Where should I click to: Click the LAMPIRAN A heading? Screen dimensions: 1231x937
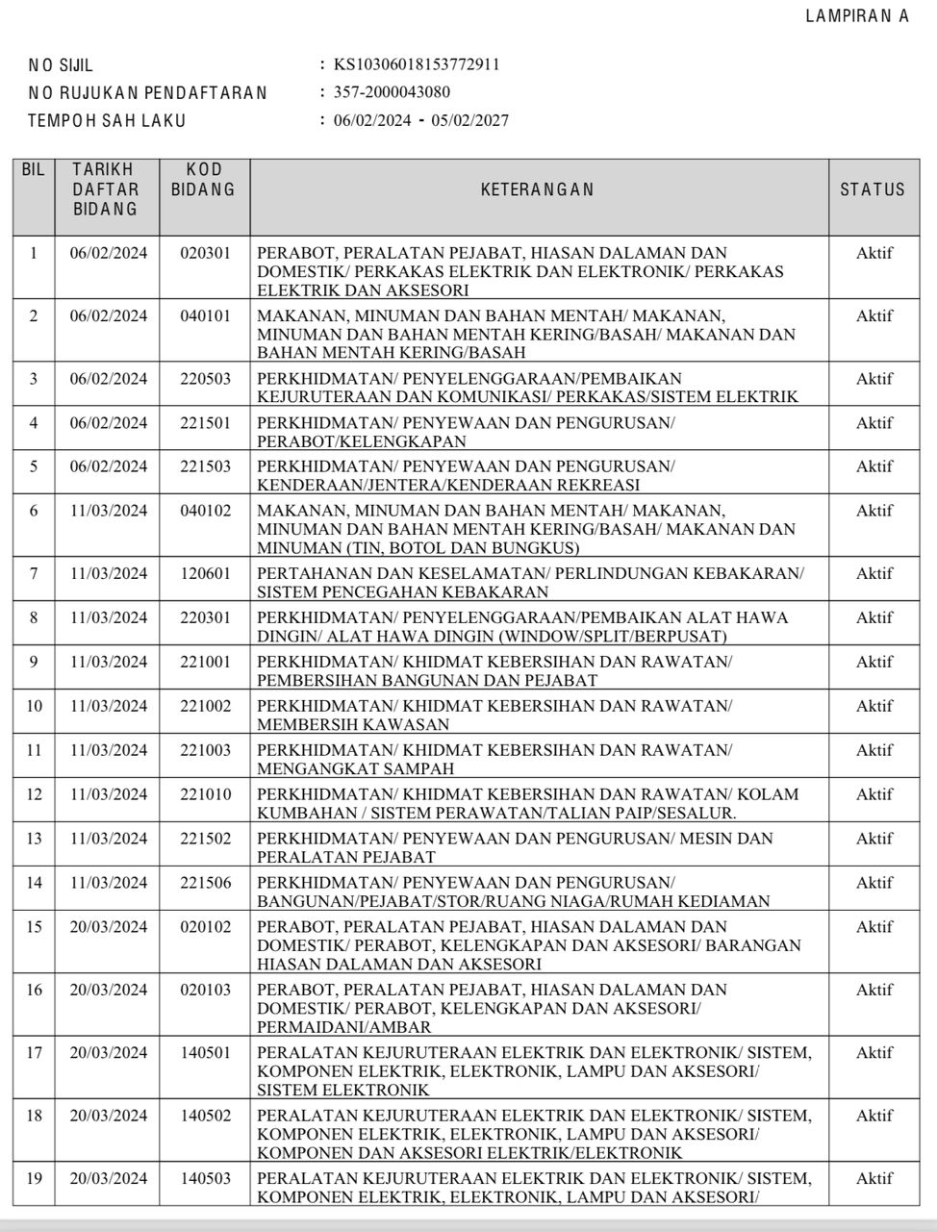(x=857, y=16)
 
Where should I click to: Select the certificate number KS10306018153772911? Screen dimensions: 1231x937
(x=416, y=65)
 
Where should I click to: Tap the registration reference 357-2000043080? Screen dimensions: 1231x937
(x=392, y=92)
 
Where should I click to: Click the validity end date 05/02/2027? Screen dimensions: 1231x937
(x=470, y=120)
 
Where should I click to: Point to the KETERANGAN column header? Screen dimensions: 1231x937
(x=538, y=189)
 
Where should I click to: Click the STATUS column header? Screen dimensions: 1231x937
(x=873, y=189)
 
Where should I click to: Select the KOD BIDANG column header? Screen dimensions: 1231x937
(x=204, y=180)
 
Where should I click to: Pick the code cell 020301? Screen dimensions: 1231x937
(x=205, y=253)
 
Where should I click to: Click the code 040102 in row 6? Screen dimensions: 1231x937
(x=205, y=511)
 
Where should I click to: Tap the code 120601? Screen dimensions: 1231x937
(x=205, y=574)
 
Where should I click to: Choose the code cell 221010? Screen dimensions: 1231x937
(x=205, y=794)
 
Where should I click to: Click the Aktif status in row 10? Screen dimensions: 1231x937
(x=874, y=706)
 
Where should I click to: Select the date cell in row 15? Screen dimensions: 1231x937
(x=109, y=927)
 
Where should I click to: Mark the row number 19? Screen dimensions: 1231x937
(x=35, y=1178)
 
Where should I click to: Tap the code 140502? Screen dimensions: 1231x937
(x=205, y=1116)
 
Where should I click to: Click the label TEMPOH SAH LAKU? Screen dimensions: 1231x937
(x=107, y=121)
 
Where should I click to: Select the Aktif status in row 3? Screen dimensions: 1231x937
(x=874, y=379)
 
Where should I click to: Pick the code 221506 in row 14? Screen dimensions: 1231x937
(x=205, y=883)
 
